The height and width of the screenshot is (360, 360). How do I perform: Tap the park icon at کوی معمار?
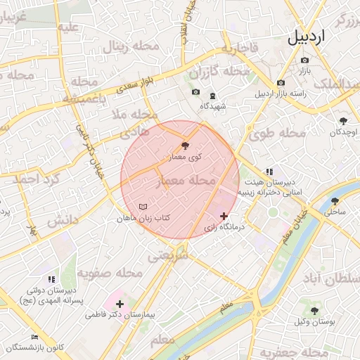coord(185,146)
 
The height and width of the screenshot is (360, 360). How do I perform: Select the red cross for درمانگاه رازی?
coord(224,216)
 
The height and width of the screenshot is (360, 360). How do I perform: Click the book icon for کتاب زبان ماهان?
coord(143,207)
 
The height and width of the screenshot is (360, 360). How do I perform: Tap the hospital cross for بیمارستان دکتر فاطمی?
coord(120,304)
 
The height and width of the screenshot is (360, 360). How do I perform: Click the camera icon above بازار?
coord(305,60)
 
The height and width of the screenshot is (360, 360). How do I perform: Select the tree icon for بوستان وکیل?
coord(314,310)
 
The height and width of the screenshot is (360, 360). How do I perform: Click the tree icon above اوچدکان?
coord(343,121)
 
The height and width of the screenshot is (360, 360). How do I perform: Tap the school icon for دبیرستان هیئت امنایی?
coord(269,172)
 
